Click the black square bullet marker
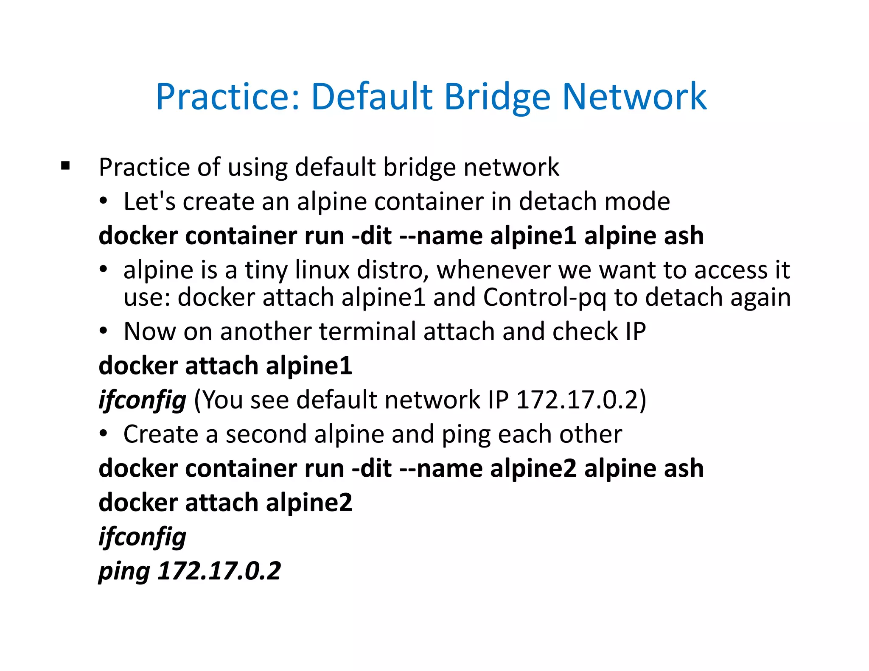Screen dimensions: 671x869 point(65,166)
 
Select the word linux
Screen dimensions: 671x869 point(322,270)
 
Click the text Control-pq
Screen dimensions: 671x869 point(544,297)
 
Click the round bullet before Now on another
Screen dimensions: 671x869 point(104,331)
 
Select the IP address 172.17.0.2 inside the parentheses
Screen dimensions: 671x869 point(577,400)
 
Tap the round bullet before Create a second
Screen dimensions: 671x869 point(104,434)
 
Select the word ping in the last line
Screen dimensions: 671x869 point(124,572)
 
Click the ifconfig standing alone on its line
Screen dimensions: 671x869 point(142,537)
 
